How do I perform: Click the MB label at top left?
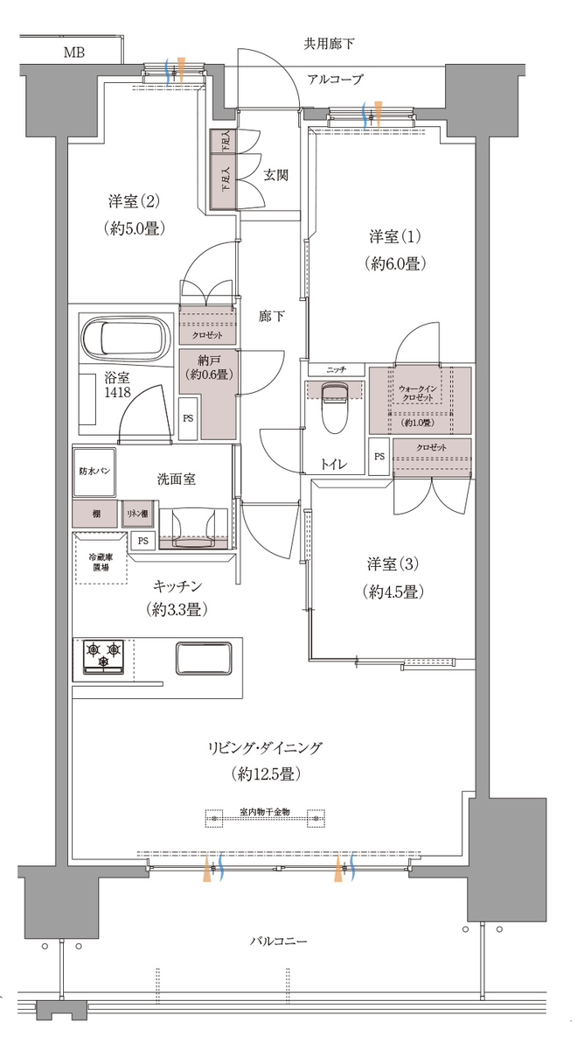click(x=74, y=52)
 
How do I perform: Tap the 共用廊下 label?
click(x=329, y=44)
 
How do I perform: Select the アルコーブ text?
click(x=336, y=80)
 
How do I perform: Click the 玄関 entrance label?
click(x=275, y=175)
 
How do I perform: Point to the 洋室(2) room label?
click(x=134, y=201)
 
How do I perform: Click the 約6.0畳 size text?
click(x=395, y=264)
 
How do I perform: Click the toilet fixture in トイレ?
click(x=335, y=406)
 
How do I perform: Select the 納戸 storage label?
click(x=209, y=360)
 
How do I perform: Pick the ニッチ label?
click(x=337, y=370)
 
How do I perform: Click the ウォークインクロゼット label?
click(x=418, y=393)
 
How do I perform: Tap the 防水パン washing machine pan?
click(x=94, y=471)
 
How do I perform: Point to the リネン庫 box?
click(x=138, y=514)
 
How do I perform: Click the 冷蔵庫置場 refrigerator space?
click(x=101, y=558)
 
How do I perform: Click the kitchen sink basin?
click(x=204, y=659)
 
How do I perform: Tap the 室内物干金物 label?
click(x=265, y=811)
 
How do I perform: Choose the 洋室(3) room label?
click(x=393, y=563)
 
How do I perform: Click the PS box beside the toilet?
click(x=379, y=456)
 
